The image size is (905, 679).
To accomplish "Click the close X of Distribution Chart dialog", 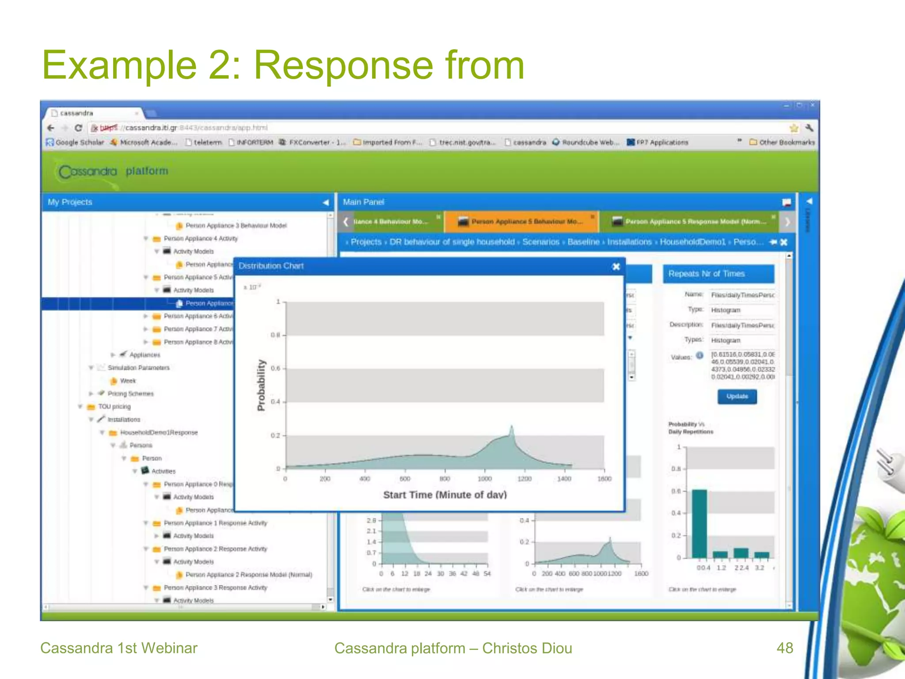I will point(616,266).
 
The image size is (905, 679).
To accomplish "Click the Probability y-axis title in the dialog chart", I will point(261,385).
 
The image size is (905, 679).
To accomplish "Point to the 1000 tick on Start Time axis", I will point(485,478).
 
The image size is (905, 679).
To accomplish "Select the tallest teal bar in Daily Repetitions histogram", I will point(699,523).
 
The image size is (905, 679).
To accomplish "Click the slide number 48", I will point(785,648).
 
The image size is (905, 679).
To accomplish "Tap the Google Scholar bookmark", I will point(75,142).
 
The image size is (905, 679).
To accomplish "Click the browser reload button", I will point(78,128).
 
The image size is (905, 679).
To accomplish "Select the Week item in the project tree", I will point(128,381).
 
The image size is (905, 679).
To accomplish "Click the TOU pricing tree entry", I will point(114,407).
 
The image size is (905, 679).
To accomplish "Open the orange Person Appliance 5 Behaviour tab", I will point(521,221).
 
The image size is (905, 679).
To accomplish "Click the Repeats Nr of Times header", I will point(706,274).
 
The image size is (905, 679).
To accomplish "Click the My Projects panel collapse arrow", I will point(326,202).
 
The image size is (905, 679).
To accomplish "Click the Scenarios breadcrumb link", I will point(540,242).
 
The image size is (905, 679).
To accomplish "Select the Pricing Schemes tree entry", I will point(130,393).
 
